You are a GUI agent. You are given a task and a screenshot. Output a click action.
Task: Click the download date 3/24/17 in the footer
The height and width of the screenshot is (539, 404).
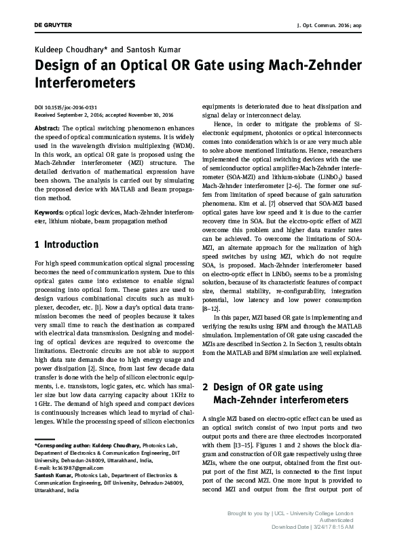(328, 526)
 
